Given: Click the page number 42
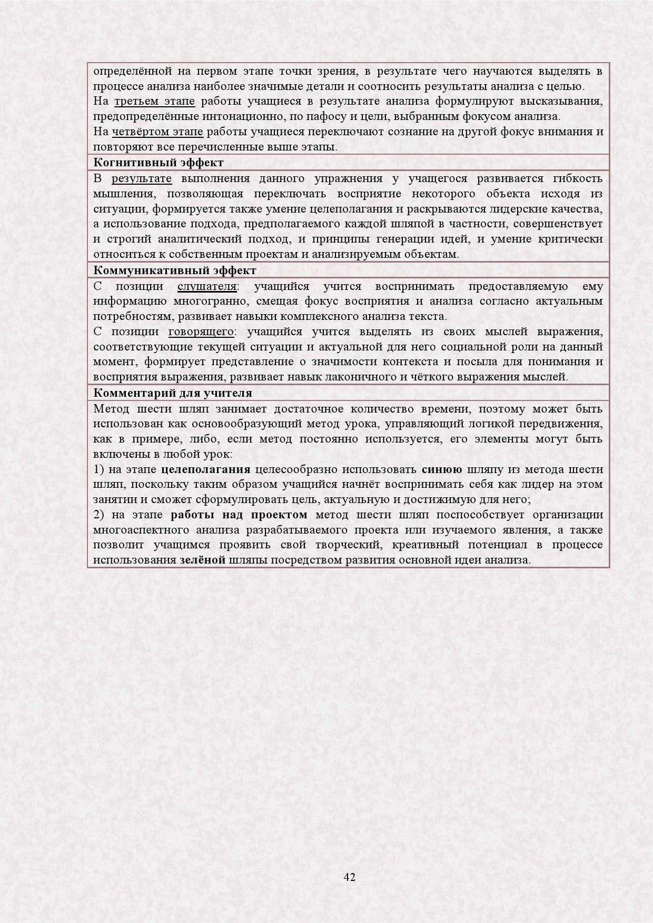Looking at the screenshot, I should pyautogui.click(x=349, y=877).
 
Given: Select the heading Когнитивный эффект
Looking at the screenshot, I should pyautogui.click(x=158, y=163).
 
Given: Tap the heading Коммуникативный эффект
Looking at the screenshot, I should pyautogui.click(x=175, y=270).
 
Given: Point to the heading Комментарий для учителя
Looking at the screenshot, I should pyautogui.click(x=172, y=393).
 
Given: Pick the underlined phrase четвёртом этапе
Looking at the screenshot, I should pyautogui.click(x=158, y=132).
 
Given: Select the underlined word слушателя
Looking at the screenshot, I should pyautogui.click(x=207, y=286).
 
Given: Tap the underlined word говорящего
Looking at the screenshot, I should pyautogui.click(x=201, y=332).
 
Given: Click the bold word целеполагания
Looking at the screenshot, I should pyautogui.click(x=205, y=469).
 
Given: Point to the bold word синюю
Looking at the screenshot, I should pyautogui.click(x=442, y=469).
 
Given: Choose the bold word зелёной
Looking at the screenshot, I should pyautogui.click(x=202, y=560).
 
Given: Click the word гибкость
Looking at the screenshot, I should pyautogui.click(x=579, y=179).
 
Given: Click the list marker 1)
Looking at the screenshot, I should pyautogui.click(x=98, y=469).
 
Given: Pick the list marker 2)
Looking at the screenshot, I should pyautogui.click(x=99, y=515).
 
